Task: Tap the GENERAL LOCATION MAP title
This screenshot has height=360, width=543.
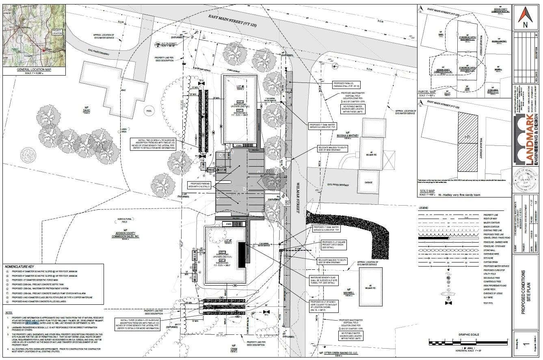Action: point(33,69)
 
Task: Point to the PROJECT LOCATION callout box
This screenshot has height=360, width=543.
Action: point(57,32)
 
